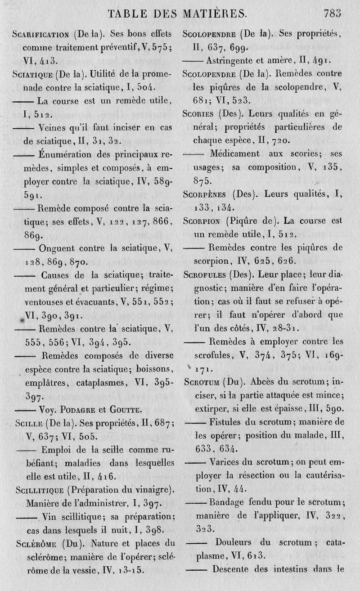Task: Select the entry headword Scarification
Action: pos(40,34)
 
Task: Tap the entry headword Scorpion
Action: pos(203,221)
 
